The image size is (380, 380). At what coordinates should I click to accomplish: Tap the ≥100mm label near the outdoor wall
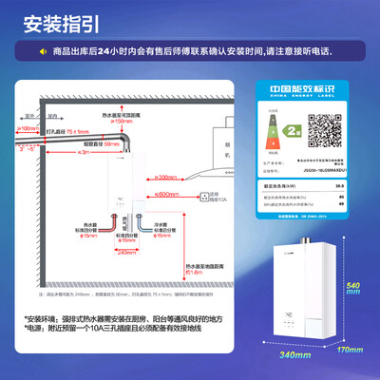click(x=28, y=127)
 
